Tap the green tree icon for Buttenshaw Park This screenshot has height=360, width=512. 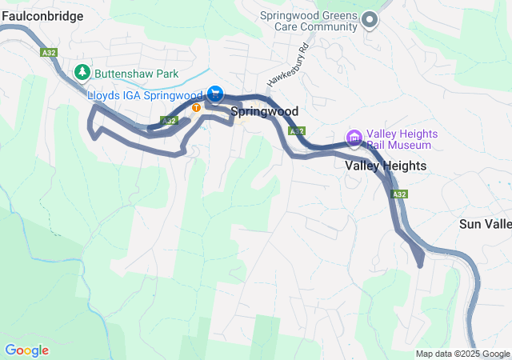[82, 73]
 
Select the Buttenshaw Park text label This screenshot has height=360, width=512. [135, 73]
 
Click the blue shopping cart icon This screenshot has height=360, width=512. [215, 93]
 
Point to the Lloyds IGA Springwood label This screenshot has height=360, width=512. [144, 95]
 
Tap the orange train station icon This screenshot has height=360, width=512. [196, 107]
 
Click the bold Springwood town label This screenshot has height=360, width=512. [265, 112]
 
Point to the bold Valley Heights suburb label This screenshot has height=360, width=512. [386, 166]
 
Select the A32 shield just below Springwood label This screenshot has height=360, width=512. [296, 130]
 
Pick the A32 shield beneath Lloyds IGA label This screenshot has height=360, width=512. [168, 121]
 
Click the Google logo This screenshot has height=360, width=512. [26, 350]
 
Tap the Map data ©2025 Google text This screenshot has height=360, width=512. [462, 354]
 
